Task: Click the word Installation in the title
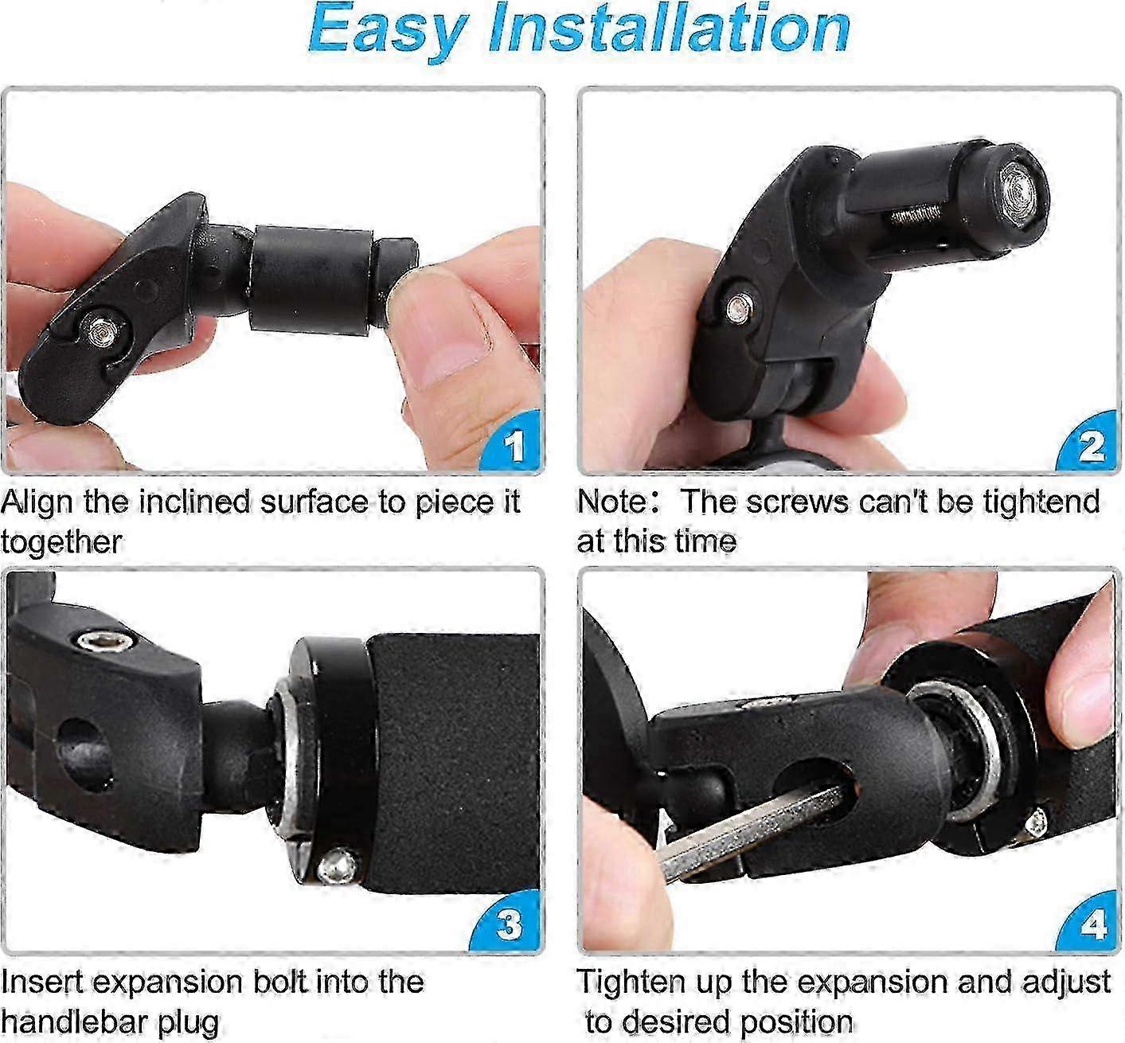coord(670,28)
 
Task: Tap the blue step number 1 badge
coord(514,443)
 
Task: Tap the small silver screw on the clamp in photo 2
coord(739,309)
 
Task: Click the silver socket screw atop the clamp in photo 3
coord(105,639)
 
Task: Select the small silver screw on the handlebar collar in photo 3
coord(337,865)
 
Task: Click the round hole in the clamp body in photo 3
coord(86,753)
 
